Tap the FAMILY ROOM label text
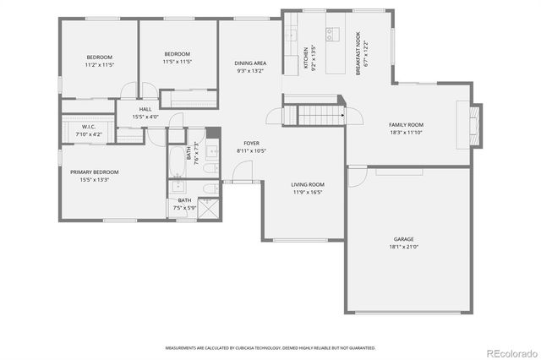tap(406, 124)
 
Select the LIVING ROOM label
tap(308, 184)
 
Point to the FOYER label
tap(251, 144)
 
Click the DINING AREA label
tap(251, 63)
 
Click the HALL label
tap(145, 109)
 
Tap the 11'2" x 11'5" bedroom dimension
tap(99, 64)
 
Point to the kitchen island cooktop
tap(332, 35)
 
